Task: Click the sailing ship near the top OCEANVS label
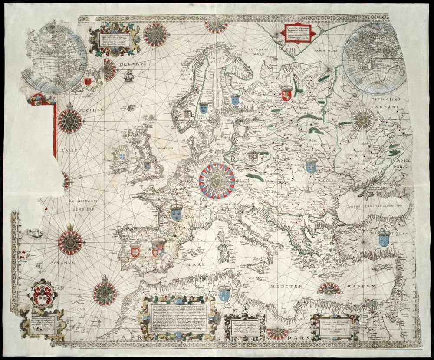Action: pyautogui.click(x=129, y=77)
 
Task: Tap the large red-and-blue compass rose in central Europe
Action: pyautogui.click(x=217, y=181)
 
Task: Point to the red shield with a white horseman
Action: pyautogui.click(x=286, y=93)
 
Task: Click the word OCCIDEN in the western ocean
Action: pyautogui.click(x=92, y=111)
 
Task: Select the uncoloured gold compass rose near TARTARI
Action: pyautogui.click(x=363, y=119)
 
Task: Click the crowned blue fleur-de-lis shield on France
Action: pyautogui.click(x=176, y=212)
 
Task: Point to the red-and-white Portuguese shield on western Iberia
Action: pyautogui.click(x=135, y=251)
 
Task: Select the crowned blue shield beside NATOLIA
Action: pyautogui.click(x=383, y=238)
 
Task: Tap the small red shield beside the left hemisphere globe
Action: pyautogui.click(x=88, y=81)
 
